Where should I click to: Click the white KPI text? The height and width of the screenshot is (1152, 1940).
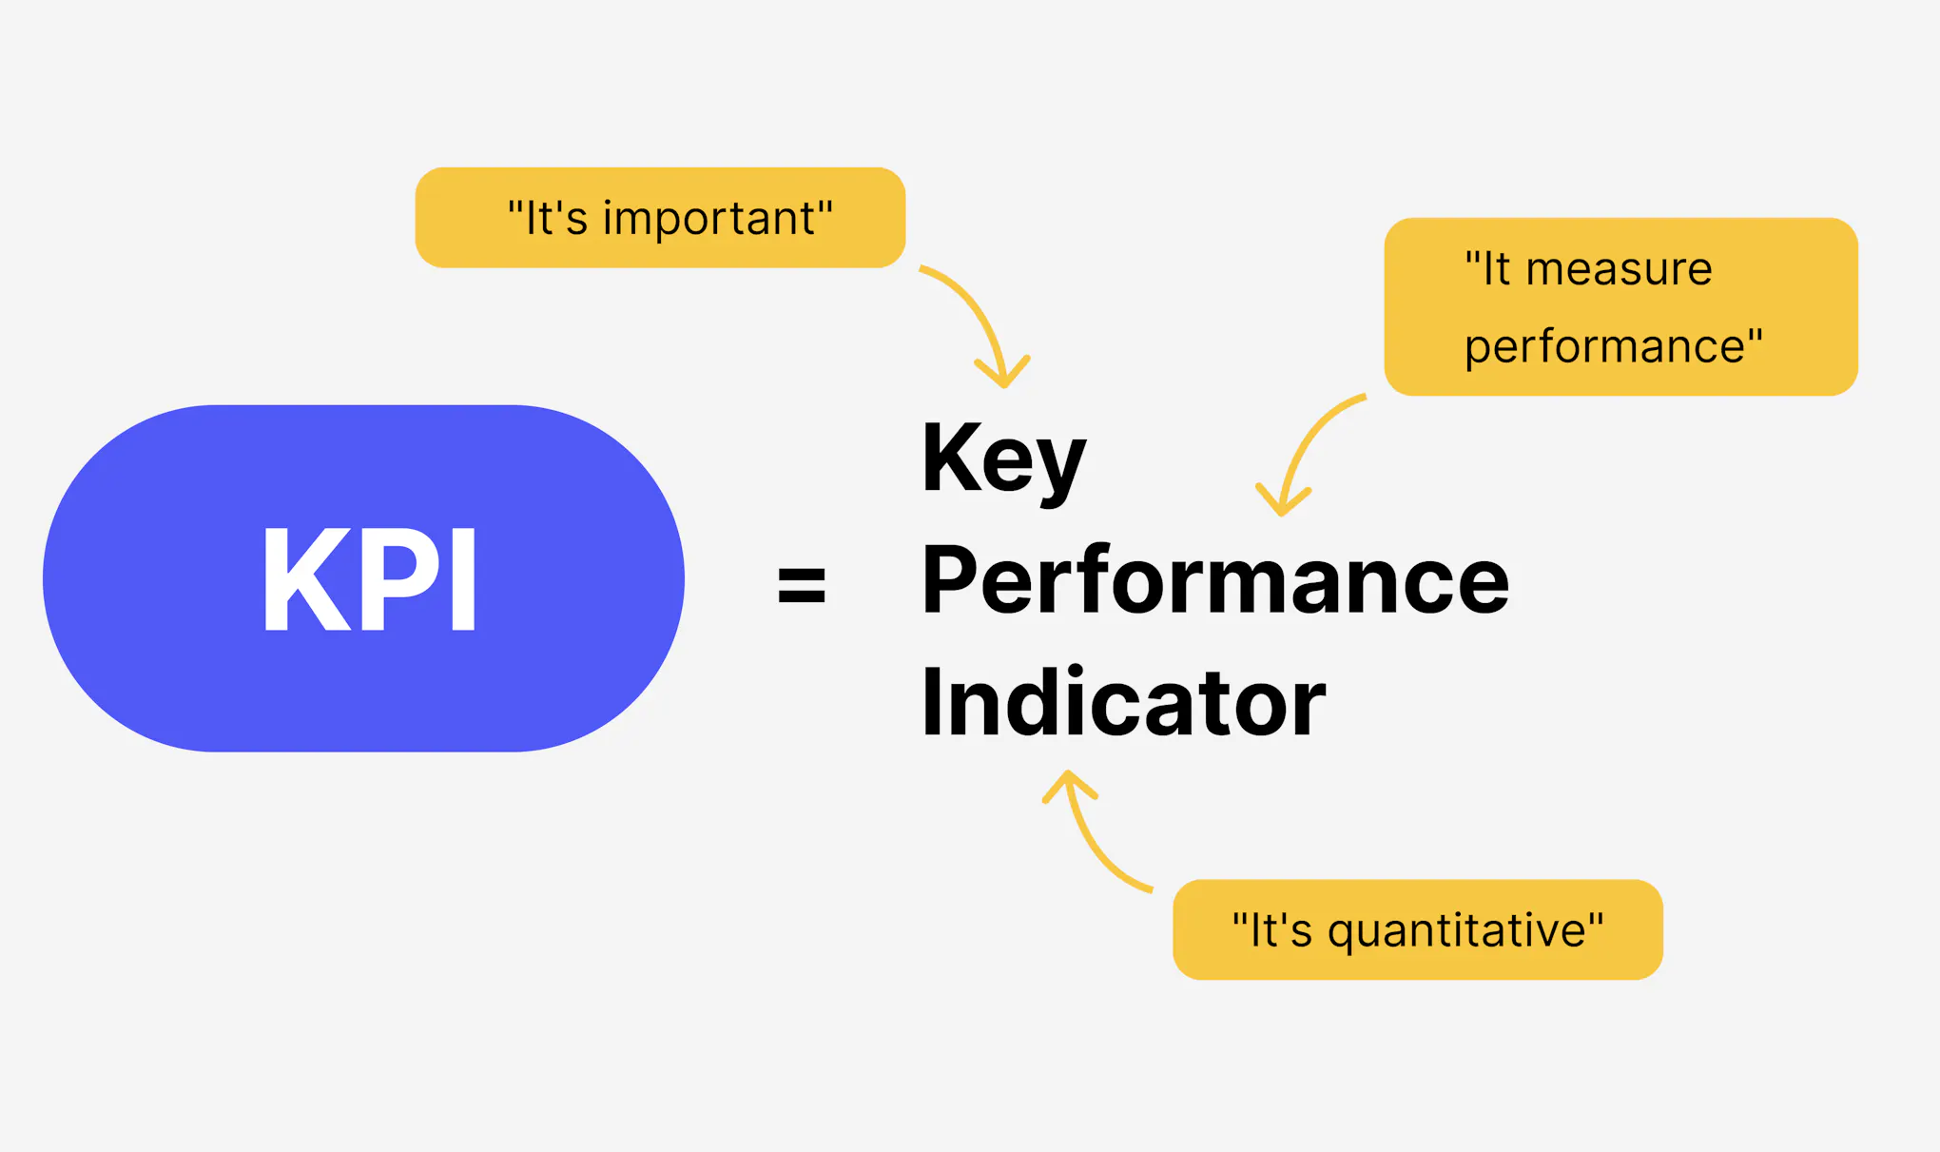369,578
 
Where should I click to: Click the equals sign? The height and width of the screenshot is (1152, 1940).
801,584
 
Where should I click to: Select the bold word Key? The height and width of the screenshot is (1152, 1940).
1002,460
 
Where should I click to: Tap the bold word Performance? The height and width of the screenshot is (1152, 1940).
1214,580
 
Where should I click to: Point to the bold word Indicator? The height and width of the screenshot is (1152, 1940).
1122,703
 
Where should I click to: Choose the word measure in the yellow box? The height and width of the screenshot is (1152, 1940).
1619,269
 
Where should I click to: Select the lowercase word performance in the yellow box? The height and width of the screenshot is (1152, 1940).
1605,347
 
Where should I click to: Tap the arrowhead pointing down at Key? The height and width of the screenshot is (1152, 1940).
1003,376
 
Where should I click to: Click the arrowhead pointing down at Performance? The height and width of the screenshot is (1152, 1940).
1282,504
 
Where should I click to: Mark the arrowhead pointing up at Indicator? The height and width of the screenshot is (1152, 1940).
1069,782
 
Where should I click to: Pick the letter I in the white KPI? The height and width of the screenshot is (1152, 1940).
463,578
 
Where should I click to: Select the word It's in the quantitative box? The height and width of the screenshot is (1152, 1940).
1279,930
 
